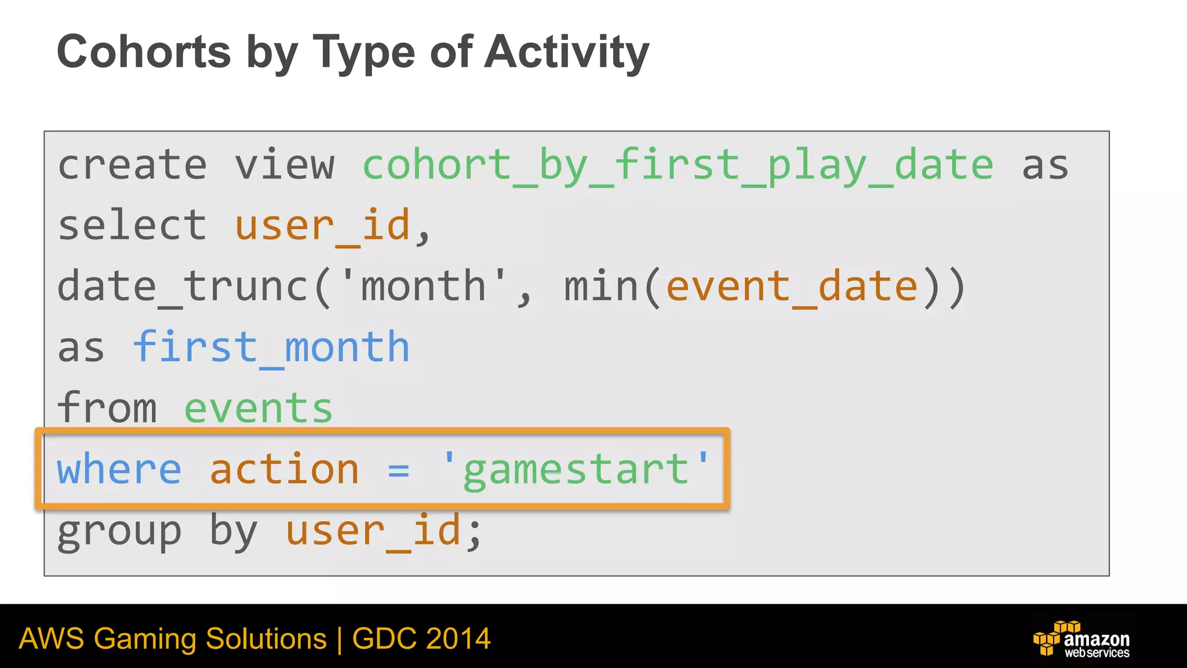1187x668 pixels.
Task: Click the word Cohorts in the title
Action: [x=144, y=52]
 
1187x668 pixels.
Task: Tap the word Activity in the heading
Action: [x=566, y=53]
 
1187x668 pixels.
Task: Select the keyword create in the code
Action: [x=132, y=165]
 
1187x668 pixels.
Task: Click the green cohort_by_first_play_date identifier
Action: [x=678, y=166]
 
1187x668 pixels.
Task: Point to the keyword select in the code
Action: [x=132, y=226]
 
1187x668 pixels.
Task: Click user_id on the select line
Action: [x=322, y=226]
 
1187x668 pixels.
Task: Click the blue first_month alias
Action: [x=271, y=347]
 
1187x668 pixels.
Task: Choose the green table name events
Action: [x=258, y=408]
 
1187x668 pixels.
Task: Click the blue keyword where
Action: [x=119, y=469]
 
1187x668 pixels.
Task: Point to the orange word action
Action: [x=284, y=469]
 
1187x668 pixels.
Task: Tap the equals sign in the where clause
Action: [x=399, y=470]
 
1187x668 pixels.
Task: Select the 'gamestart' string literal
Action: [x=576, y=470]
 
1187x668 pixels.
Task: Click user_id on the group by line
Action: [x=373, y=531]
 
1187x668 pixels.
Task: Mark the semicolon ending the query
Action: [x=475, y=532]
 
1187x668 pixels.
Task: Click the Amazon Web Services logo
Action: [x=1082, y=639]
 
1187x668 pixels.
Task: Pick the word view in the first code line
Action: [x=285, y=165]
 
